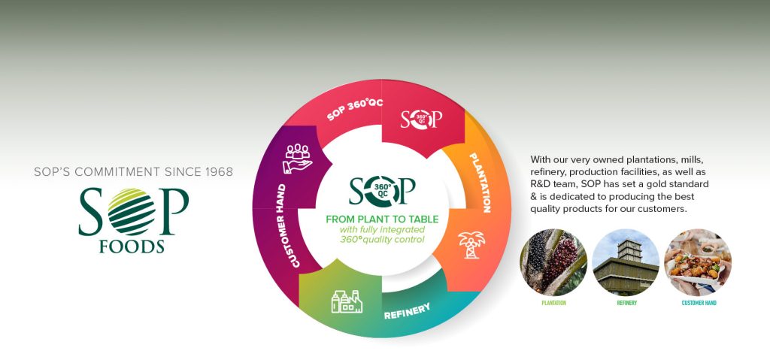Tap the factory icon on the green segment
point(346,301)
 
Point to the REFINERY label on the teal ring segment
point(407,310)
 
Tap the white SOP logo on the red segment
point(420,119)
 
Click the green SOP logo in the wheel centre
point(382,190)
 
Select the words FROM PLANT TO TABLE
point(383,219)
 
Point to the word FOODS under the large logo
point(133,247)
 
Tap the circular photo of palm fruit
point(553,262)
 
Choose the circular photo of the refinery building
point(626,262)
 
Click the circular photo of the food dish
point(698,262)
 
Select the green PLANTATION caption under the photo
point(553,303)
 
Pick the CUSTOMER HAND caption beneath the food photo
point(698,303)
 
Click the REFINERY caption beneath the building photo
point(626,303)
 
